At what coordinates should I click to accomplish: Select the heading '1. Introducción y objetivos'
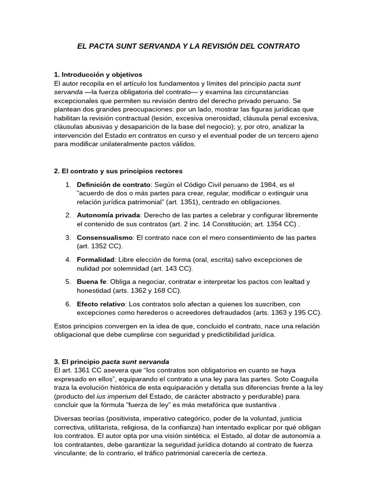(x=98, y=74)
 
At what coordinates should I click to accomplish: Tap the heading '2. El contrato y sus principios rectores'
(x=118, y=171)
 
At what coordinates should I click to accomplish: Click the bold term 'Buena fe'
(x=92, y=282)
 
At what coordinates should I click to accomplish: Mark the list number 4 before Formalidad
(x=68, y=259)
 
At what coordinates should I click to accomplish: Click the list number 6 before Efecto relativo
(x=68, y=304)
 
